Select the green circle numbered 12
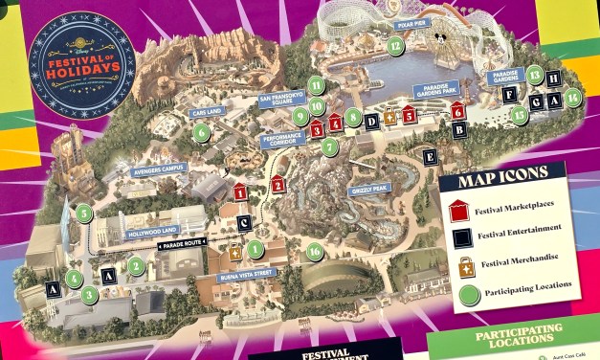(395, 43)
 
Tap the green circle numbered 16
(313, 252)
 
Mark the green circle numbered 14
(571, 96)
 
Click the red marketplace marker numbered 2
(278, 185)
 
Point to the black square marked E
(430, 155)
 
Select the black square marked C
(244, 224)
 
